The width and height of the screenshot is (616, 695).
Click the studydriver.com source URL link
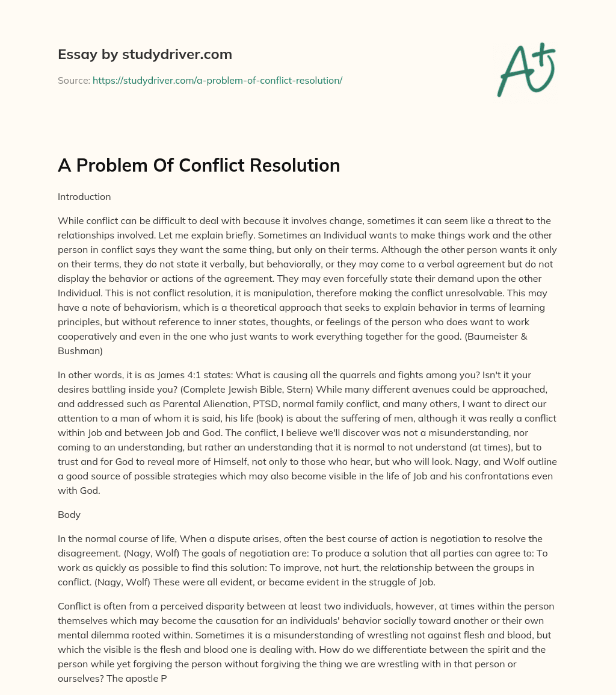(217, 80)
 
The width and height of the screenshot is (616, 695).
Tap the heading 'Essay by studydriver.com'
(145, 54)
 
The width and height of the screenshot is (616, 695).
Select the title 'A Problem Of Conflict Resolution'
(199, 165)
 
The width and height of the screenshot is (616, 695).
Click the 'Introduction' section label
(84, 196)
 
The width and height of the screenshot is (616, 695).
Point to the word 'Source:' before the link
(73, 80)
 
